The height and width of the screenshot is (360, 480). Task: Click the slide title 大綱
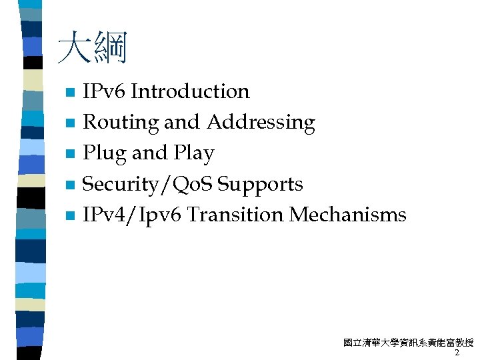point(91,49)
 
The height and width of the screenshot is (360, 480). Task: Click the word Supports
point(261,185)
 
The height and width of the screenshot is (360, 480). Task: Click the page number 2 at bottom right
point(457,353)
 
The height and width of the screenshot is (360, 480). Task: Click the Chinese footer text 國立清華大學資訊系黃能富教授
point(408,343)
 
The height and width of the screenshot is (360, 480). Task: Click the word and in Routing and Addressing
point(181,123)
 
